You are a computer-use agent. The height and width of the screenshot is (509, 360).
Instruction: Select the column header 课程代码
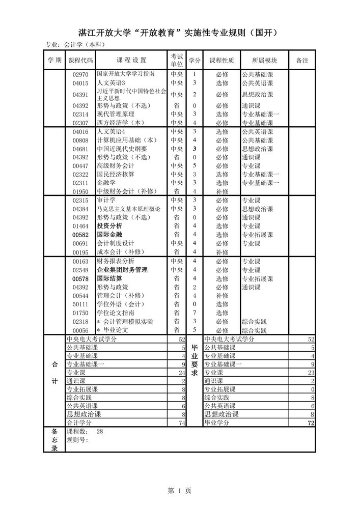click(x=80, y=60)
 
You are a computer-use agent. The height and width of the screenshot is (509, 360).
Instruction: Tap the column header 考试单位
click(x=177, y=60)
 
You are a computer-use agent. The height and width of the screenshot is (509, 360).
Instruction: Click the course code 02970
click(x=80, y=74)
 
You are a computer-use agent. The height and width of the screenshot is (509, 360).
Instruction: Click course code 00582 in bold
click(x=80, y=235)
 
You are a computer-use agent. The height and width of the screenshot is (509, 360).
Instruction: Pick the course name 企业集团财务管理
click(x=122, y=270)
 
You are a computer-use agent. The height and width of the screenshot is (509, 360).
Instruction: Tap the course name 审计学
click(x=106, y=200)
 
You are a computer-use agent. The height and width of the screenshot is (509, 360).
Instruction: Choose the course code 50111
click(x=80, y=304)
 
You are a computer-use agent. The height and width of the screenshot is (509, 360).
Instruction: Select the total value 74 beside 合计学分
click(x=182, y=423)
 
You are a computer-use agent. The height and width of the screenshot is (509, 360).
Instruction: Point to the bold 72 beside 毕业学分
click(x=311, y=423)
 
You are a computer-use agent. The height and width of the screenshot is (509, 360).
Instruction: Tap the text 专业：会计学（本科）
click(x=75, y=45)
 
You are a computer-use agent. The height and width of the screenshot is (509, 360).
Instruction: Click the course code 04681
click(x=80, y=149)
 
